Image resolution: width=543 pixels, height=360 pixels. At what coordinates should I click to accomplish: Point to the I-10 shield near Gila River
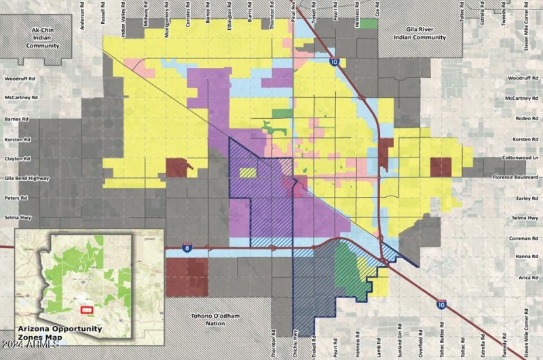(x=335, y=62)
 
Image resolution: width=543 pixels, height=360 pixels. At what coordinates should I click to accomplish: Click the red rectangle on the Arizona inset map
(x=87, y=309)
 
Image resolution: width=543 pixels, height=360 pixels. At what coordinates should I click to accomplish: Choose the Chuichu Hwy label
(x=297, y=343)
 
